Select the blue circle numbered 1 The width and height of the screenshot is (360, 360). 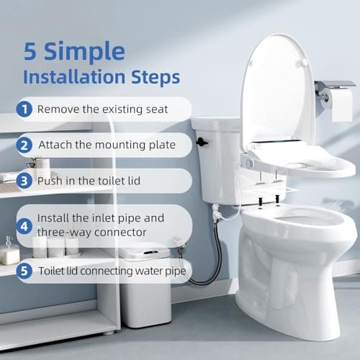tap(24, 109)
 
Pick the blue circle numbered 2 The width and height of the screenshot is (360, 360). tap(24, 145)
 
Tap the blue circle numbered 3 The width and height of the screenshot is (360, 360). tap(24, 180)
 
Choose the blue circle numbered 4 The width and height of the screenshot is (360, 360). tap(24, 225)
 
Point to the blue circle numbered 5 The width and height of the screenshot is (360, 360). tap(24, 271)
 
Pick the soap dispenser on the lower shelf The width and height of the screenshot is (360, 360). tap(11, 250)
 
